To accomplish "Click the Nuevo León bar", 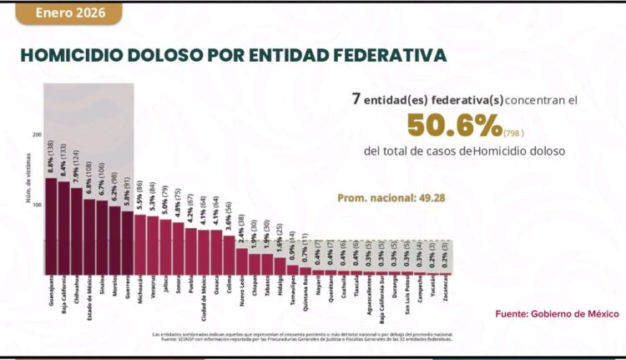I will click(241, 260).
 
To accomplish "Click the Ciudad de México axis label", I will click(203, 302).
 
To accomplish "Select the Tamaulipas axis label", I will click(292, 294).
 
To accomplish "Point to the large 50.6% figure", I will click(453, 127).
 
